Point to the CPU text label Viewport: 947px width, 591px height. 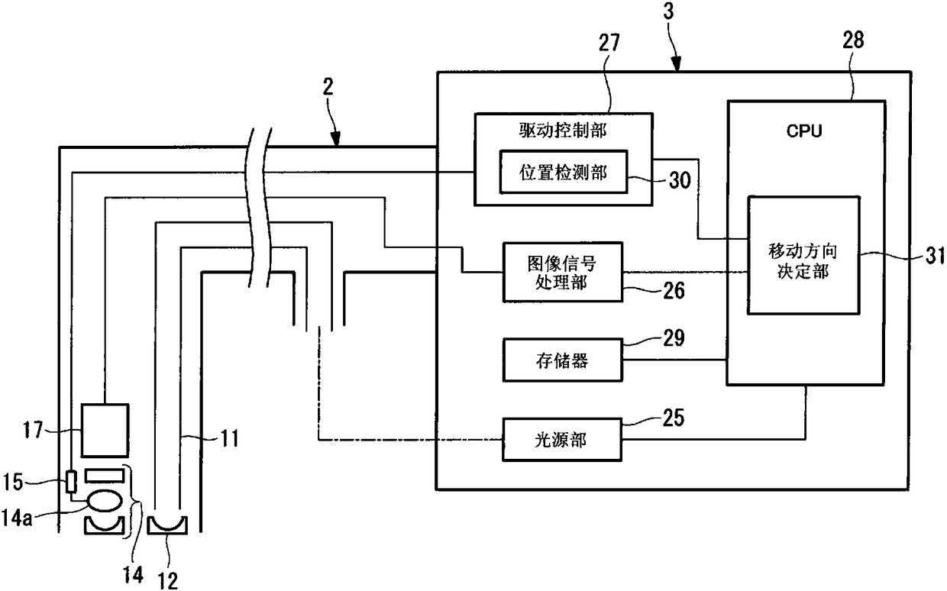[804, 131]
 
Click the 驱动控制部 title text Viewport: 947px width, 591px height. [563, 131]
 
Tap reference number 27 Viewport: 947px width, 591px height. [609, 43]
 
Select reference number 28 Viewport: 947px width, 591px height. [854, 40]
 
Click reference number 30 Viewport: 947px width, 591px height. [680, 180]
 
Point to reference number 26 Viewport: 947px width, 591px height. [674, 290]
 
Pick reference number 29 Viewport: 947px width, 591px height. [674, 337]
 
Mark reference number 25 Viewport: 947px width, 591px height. [674, 418]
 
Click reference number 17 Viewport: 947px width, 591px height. [33, 430]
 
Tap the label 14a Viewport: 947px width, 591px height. [17, 518]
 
